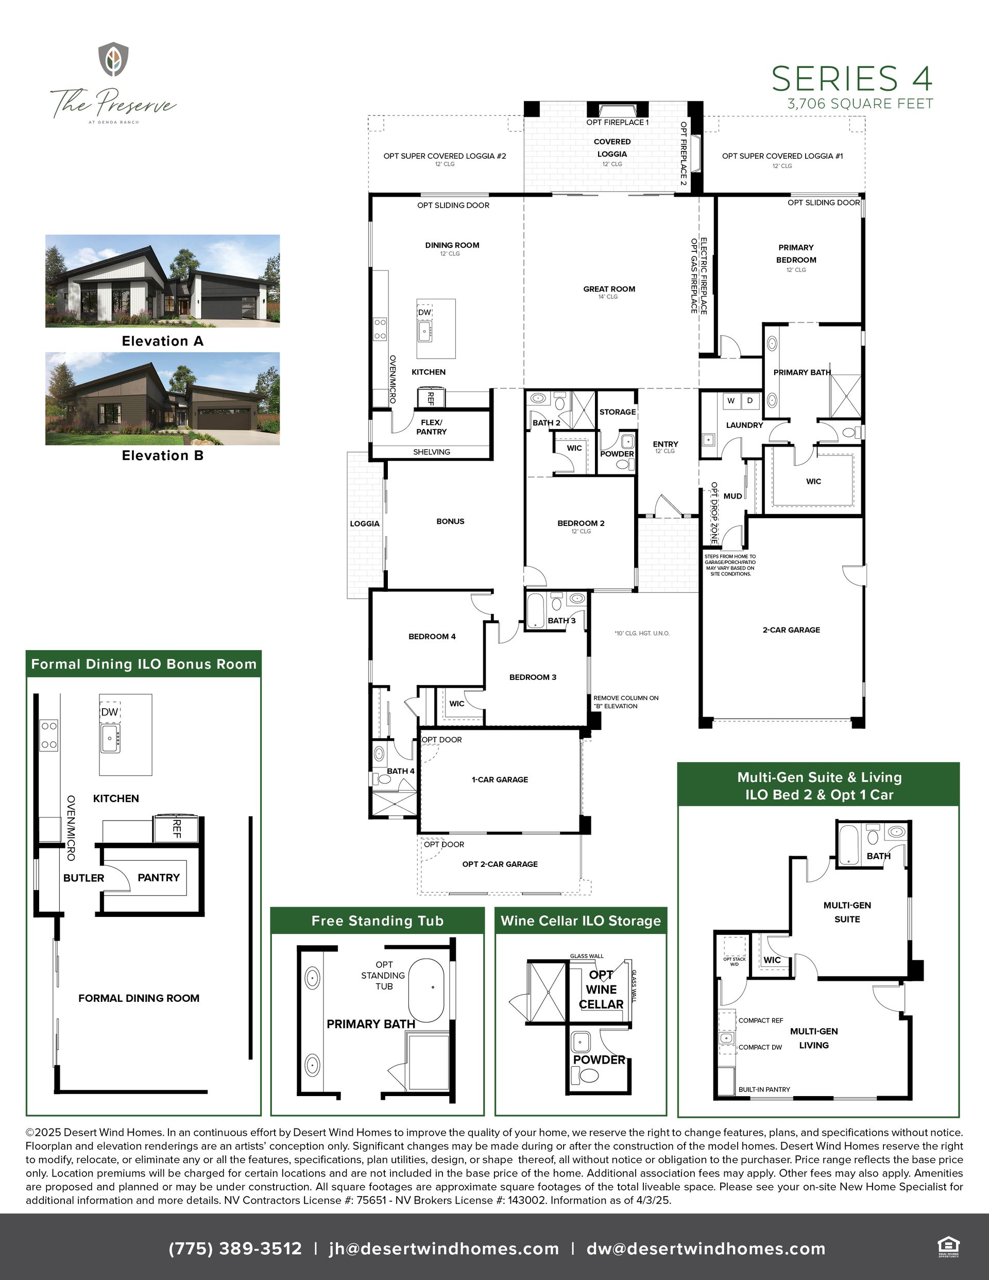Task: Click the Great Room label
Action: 609,289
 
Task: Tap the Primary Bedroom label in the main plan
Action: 796,254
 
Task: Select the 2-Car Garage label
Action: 791,630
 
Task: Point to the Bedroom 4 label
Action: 432,637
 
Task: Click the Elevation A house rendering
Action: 162,281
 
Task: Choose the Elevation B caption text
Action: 162,455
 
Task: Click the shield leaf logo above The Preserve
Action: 113,59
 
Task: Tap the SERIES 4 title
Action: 852,78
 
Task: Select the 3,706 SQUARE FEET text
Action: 860,104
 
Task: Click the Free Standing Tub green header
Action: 378,921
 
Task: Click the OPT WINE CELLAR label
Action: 601,989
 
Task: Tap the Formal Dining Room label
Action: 139,998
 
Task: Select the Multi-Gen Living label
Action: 814,1038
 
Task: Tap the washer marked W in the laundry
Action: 730,401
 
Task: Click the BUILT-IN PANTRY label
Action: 764,1089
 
